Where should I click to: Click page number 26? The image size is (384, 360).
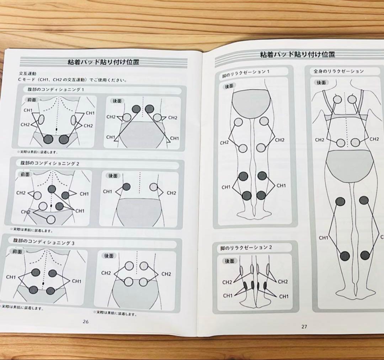(85, 322)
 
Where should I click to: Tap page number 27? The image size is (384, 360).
(304, 327)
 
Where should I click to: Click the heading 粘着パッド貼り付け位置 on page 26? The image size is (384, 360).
(103, 62)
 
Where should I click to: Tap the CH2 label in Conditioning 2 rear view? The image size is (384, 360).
(171, 193)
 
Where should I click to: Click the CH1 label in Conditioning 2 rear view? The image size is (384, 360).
(108, 192)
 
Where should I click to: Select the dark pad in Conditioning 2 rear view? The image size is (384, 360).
(126, 186)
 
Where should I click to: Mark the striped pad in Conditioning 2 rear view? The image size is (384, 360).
(154, 187)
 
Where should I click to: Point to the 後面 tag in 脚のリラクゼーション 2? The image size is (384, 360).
(229, 261)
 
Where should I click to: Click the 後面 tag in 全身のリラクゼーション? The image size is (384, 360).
(321, 82)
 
